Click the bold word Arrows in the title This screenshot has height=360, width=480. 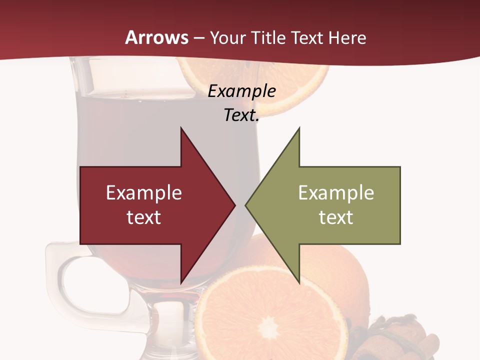tap(157, 37)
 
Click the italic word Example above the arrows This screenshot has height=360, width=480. tap(242, 91)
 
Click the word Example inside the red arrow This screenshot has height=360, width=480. tap(144, 192)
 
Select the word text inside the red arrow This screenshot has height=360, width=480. tap(144, 217)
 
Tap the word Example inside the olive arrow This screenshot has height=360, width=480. tap(336, 192)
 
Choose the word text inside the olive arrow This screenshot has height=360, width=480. tap(336, 217)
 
